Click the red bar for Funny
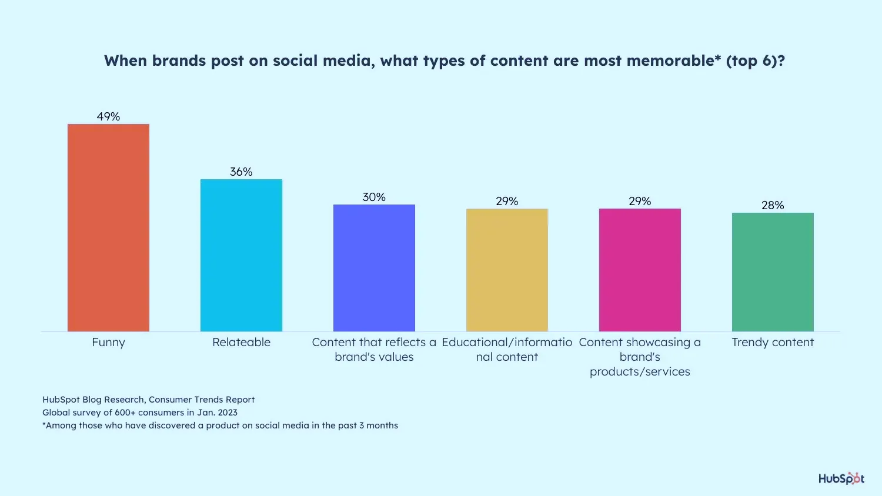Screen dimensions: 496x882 click(108, 227)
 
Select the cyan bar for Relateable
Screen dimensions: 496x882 click(241, 255)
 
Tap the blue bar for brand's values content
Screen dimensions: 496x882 click(374, 268)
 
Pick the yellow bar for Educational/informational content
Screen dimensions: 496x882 click(507, 270)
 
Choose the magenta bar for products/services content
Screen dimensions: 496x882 click(640, 270)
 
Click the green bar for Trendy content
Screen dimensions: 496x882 click(773, 272)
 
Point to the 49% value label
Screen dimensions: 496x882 click(108, 116)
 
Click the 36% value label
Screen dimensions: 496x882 click(241, 172)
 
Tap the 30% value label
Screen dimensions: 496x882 click(374, 197)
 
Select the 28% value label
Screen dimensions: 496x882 click(773, 205)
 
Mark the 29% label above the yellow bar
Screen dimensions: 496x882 click(507, 201)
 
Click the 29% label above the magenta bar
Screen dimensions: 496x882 click(640, 201)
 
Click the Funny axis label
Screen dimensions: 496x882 click(108, 342)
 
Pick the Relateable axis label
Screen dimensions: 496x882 click(241, 342)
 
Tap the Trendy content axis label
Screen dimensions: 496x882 click(773, 342)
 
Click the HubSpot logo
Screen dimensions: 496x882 click(841, 478)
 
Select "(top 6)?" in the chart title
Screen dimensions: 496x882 click(756, 61)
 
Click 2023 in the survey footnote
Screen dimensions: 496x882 click(227, 413)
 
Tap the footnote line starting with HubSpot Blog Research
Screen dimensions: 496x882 click(149, 400)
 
